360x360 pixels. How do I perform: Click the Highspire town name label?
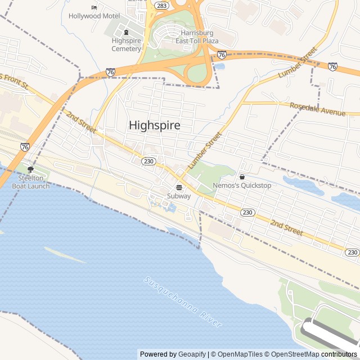tap(155, 125)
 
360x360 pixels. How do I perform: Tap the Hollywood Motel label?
tap(94, 16)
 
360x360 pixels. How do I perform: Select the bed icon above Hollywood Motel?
tap(94, 7)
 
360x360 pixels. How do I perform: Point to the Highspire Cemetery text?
tap(126, 44)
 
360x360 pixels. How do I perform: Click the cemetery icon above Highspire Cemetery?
tap(126, 32)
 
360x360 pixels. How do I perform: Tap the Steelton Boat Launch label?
tap(30, 182)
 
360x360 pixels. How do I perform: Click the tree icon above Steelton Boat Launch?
tap(30, 169)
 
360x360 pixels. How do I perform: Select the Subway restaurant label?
tap(179, 196)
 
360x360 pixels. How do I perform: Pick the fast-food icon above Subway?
tap(179, 187)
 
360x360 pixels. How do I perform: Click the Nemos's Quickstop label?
tap(242, 185)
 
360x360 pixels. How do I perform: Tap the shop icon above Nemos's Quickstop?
tap(242, 177)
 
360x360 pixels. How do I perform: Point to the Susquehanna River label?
tap(183, 301)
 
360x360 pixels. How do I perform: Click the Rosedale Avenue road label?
tap(317, 109)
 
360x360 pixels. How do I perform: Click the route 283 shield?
tap(161, 6)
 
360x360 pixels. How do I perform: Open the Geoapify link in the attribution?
tap(192, 354)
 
